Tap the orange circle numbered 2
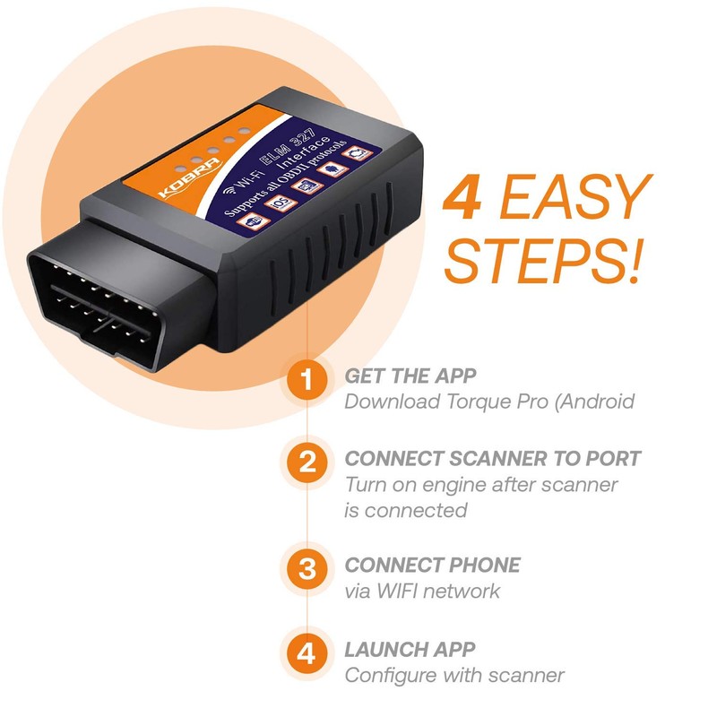(x=307, y=463)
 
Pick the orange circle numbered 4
(x=307, y=652)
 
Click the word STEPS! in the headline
(x=542, y=259)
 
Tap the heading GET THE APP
(x=410, y=376)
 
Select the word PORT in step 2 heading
(x=609, y=458)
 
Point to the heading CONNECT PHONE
(x=432, y=566)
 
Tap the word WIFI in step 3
(x=402, y=592)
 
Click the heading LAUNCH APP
(x=410, y=648)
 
